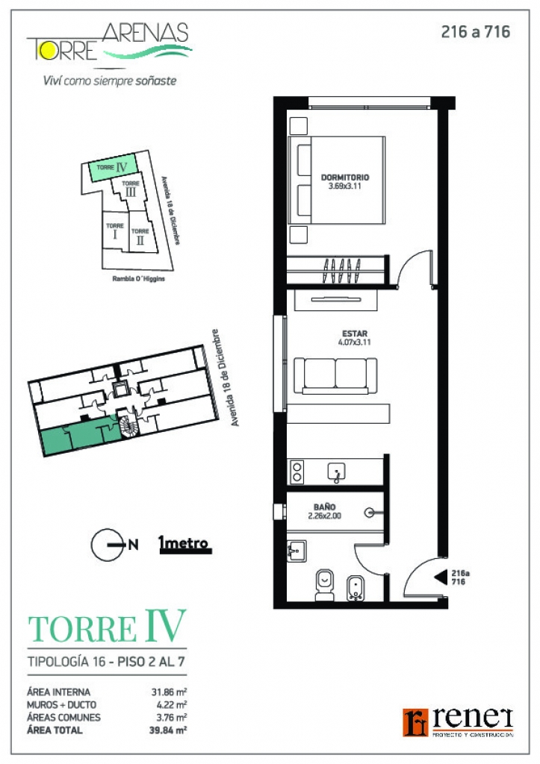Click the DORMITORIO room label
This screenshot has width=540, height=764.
click(345, 178)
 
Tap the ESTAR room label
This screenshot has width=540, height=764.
click(355, 334)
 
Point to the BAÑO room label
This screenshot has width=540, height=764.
click(324, 507)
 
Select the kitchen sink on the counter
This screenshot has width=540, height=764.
click(337, 472)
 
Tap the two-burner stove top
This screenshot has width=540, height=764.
click(297, 472)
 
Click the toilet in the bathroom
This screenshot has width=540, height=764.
click(324, 585)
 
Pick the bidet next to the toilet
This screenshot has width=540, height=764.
click(355, 588)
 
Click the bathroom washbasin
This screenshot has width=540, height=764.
click(297, 551)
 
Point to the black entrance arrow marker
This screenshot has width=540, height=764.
click(441, 577)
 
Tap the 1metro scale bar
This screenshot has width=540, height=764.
click(184, 545)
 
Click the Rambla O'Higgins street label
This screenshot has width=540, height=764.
click(138, 279)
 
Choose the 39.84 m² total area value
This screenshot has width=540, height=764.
click(168, 730)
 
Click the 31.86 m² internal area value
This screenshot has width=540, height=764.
click(170, 692)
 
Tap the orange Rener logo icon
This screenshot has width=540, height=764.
click(415, 722)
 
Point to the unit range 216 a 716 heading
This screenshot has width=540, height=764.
click(476, 32)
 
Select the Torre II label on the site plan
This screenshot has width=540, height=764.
click(140, 237)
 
